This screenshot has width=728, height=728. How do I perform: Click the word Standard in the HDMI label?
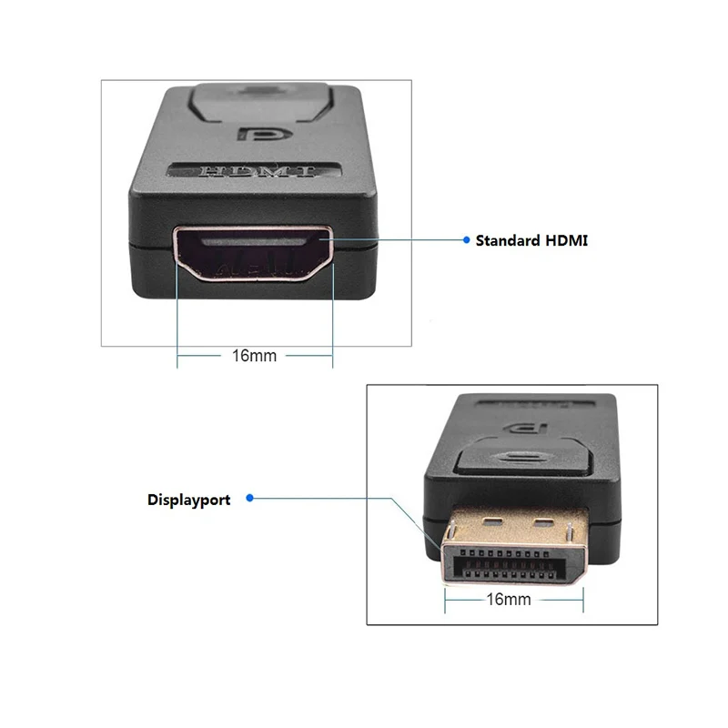pos(508,241)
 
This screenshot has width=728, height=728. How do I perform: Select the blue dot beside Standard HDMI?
pos(466,241)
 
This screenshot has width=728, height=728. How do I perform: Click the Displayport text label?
pos(188,500)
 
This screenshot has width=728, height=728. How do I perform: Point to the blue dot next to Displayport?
pos(250,498)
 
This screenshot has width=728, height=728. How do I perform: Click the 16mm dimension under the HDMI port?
pos(254,355)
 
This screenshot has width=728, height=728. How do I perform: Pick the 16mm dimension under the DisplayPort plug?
pos(509,599)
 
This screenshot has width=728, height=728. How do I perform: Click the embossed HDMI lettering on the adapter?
pos(256,171)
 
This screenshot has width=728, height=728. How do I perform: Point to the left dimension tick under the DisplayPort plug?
pos(445,598)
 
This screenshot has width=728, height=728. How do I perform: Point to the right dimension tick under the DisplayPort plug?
pos(583,598)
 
